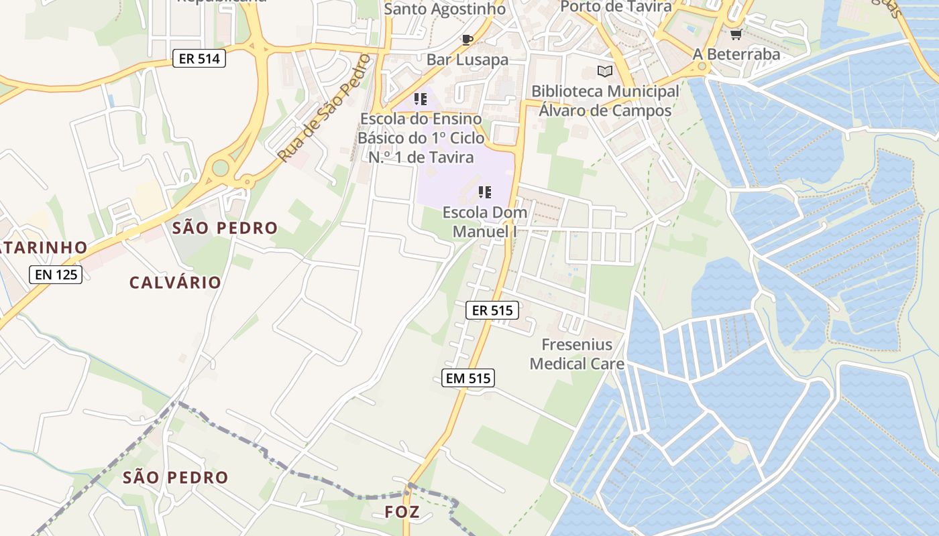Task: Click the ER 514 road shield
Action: pos(199,58)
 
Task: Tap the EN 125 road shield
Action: pos(56,274)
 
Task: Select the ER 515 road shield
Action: pos(492,310)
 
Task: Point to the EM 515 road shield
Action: pos(468,379)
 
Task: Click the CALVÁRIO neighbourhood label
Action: pos(175,283)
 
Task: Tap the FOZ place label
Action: pos(402,513)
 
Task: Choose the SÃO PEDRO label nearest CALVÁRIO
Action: pos(225,228)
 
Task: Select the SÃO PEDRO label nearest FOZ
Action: pos(176,478)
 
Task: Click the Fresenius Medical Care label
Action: pos(577,354)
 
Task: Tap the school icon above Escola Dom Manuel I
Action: pos(485,193)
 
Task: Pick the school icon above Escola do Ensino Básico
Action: pos(421,100)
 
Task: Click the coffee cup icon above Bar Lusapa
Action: pos(467,40)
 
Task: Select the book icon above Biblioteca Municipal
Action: pos(605,71)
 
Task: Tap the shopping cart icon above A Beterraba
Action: pos(736,34)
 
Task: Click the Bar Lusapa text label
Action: pos(467,60)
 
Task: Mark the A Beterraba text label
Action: pos(736,54)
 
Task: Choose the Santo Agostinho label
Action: pos(445,9)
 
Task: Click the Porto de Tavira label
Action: pos(615,7)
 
